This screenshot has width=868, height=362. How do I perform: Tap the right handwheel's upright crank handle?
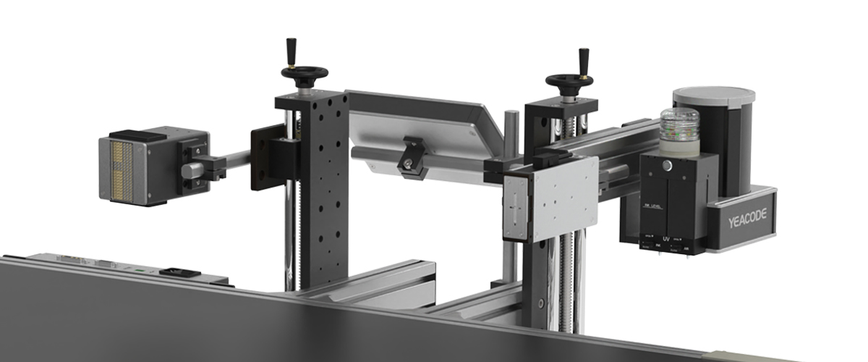(584, 60)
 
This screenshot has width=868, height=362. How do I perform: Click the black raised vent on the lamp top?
(130, 135)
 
